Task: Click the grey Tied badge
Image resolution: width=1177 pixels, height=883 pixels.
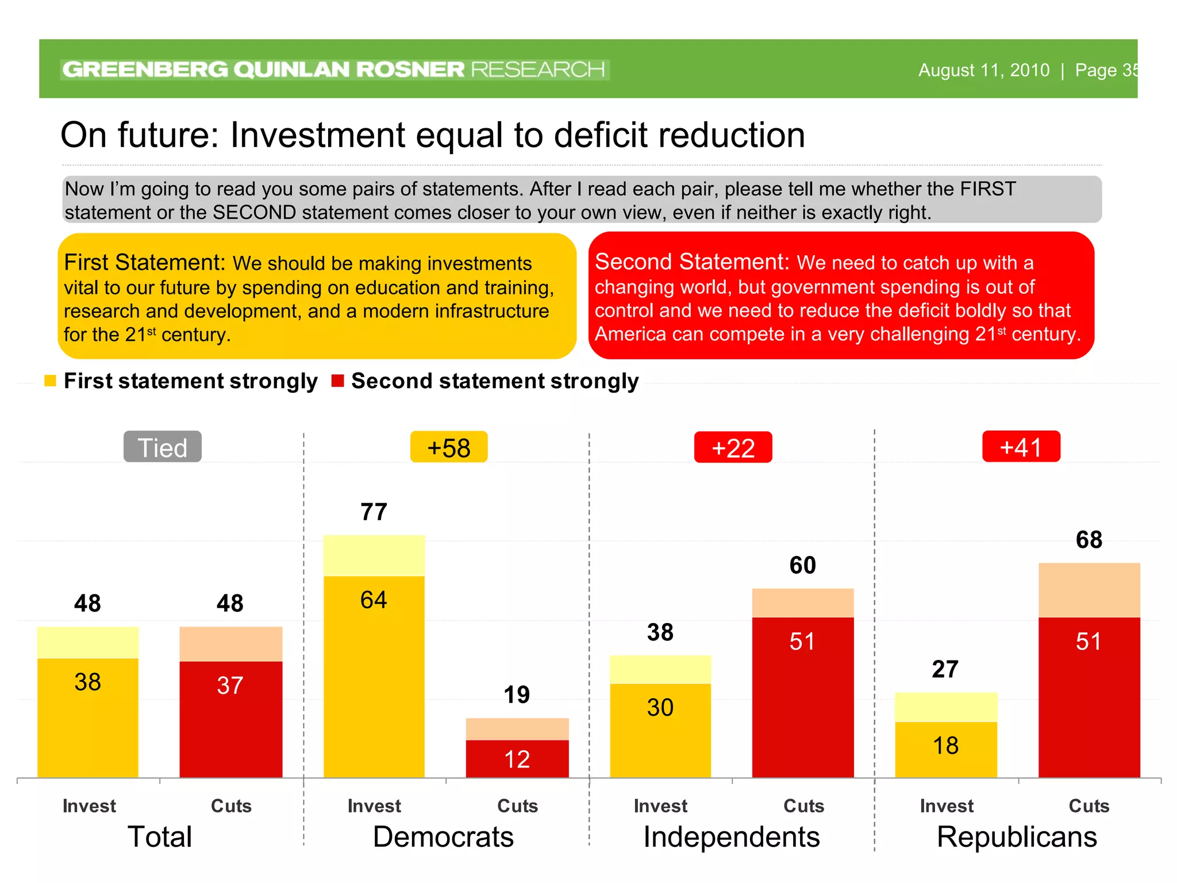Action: tap(163, 447)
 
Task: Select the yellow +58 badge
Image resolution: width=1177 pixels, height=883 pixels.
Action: tap(449, 447)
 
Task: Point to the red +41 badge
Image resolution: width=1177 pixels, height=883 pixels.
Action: tap(1021, 447)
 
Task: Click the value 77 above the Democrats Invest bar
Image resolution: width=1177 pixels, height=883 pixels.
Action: tap(374, 512)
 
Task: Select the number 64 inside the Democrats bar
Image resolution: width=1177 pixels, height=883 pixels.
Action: tap(374, 600)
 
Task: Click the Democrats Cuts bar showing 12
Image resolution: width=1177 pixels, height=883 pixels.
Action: tap(517, 759)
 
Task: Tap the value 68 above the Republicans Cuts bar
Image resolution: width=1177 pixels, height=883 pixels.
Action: tap(1088, 540)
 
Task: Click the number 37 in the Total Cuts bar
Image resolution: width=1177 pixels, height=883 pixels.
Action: tap(230, 685)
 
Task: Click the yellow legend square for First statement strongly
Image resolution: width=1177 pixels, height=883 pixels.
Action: tap(50, 381)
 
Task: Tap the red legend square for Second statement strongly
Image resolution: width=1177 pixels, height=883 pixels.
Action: tap(337, 381)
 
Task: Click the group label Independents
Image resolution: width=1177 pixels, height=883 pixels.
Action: tap(731, 837)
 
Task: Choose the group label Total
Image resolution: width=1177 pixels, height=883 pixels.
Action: tap(160, 837)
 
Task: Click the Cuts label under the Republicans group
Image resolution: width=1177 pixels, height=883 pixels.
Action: tap(1088, 806)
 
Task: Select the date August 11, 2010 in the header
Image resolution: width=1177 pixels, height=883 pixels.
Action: tap(983, 70)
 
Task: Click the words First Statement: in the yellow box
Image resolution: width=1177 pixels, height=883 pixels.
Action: tap(144, 263)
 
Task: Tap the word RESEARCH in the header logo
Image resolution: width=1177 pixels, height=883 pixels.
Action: tap(537, 70)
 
